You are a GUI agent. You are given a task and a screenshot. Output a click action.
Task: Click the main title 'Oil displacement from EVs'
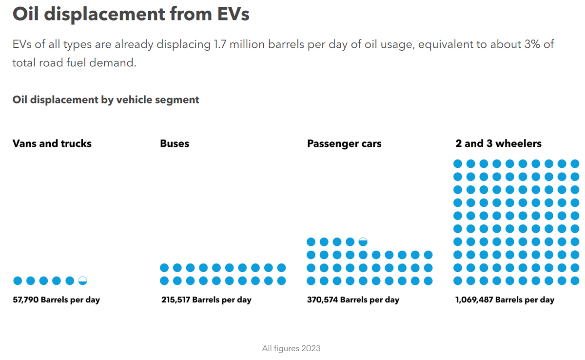coord(131,14)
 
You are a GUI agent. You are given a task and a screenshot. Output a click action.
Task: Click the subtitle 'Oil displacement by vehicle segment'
coord(106,100)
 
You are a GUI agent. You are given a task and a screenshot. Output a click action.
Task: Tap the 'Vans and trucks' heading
coord(52,143)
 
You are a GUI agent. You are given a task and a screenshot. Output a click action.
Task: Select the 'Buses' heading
coord(175,143)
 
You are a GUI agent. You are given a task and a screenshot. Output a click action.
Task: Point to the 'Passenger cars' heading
coord(344,143)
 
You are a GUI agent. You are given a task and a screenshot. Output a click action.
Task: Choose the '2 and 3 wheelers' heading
coord(498,143)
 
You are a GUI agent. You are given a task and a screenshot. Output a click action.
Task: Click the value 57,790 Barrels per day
coord(56,300)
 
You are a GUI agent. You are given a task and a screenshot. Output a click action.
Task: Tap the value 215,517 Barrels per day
coord(206,300)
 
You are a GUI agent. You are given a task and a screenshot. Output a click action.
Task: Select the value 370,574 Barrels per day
coord(353,300)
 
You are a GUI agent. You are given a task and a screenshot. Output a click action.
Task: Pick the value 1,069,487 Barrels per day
coord(505,300)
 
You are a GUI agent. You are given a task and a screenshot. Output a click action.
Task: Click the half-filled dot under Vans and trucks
coord(83,280)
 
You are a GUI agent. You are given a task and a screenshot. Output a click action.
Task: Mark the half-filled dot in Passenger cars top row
coord(363,241)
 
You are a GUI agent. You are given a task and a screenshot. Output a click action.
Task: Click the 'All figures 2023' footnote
coord(291,348)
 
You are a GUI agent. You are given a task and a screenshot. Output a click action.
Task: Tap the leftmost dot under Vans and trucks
coord(18,280)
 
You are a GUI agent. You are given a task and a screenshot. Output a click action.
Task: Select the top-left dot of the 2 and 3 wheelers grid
coord(458,163)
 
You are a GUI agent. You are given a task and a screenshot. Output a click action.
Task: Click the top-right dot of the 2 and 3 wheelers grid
coord(575,163)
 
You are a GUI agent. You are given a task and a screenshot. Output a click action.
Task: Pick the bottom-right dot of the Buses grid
coord(281,280)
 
